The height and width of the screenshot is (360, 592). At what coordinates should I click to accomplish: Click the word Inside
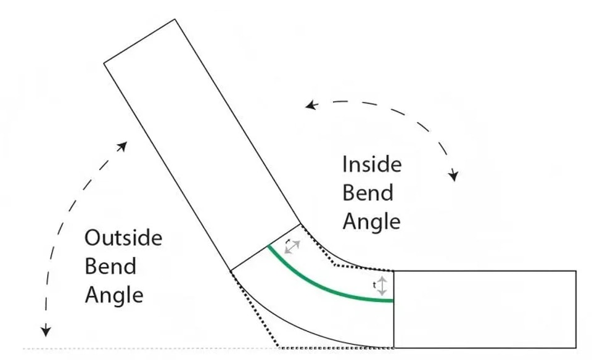(x=372, y=165)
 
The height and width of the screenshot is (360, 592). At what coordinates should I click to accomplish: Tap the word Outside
(x=123, y=238)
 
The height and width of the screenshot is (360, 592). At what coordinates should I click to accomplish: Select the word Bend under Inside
(x=368, y=192)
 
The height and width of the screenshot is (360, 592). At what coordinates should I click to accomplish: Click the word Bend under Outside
(x=110, y=266)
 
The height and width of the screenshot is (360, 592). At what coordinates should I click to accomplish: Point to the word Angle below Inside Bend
(x=371, y=222)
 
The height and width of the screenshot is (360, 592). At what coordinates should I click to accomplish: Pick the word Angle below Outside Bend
(x=114, y=295)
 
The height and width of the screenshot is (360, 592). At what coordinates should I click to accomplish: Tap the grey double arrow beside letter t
(x=382, y=285)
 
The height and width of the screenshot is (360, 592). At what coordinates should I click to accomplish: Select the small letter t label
(x=374, y=285)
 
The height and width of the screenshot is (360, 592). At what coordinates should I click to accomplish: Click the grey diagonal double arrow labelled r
(x=292, y=247)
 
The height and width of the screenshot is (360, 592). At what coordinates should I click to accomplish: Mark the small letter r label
(x=289, y=240)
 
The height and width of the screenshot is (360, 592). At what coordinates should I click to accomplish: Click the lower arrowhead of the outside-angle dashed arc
(x=46, y=330)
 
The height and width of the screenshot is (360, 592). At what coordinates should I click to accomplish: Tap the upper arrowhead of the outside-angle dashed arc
(x=122, y=146)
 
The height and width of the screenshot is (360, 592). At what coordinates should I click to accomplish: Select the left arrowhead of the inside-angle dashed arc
(x=311, y=105)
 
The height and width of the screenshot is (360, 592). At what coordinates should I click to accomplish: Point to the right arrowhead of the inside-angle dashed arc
(x=453, y=176)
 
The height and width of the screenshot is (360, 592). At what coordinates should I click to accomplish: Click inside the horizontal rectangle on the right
(x=485, y=309)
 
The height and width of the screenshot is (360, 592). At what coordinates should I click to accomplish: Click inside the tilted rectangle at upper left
(x=202, y=145)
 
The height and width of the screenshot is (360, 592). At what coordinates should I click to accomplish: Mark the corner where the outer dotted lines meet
(x=279, y=347)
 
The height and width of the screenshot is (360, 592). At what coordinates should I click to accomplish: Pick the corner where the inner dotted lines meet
(x=334, y=265)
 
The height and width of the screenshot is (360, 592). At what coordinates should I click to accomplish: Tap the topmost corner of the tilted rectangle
(x=175, y=19)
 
